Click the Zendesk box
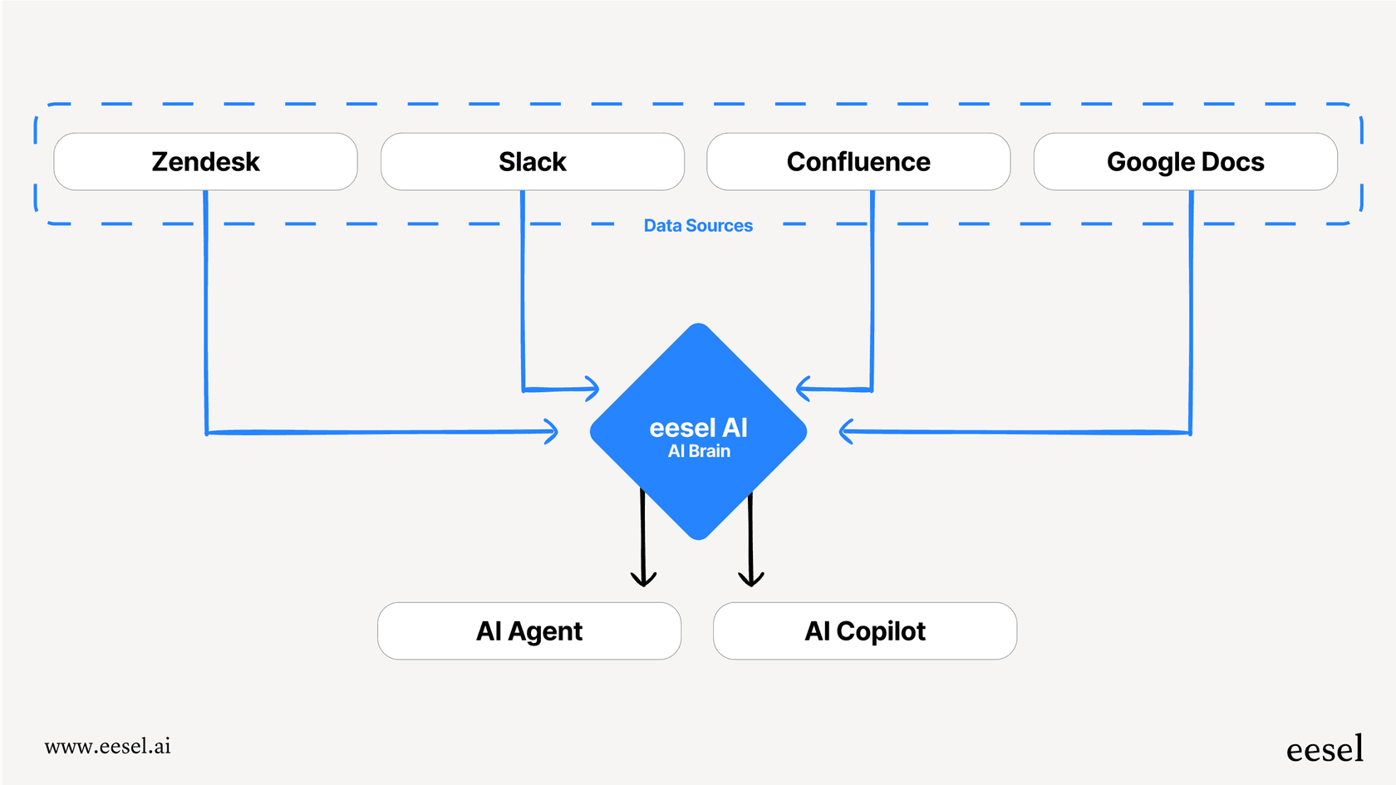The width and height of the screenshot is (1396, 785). [205, 162]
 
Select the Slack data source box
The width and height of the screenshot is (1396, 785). [532, 162]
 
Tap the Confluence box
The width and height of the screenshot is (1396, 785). [858, 162]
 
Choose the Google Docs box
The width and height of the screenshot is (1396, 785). [1185, 162]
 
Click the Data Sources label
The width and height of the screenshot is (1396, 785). [698, 226]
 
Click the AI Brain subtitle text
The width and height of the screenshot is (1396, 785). [699, 451]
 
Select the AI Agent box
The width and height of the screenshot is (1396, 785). [529, 631]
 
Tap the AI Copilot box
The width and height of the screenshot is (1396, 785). [864, 631]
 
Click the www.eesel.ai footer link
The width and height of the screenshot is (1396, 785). [108, 746]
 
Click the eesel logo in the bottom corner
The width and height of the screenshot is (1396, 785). [1325, 749]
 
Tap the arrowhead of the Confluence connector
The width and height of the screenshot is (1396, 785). [802, 389]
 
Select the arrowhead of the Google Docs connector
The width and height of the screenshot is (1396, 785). [845, 431]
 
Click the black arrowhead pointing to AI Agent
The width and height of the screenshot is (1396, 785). [643, 579]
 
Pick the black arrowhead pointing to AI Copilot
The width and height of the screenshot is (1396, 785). [751, 579]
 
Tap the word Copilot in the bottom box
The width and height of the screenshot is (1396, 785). [881, 631]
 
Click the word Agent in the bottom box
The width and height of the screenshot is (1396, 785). [545, 631]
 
